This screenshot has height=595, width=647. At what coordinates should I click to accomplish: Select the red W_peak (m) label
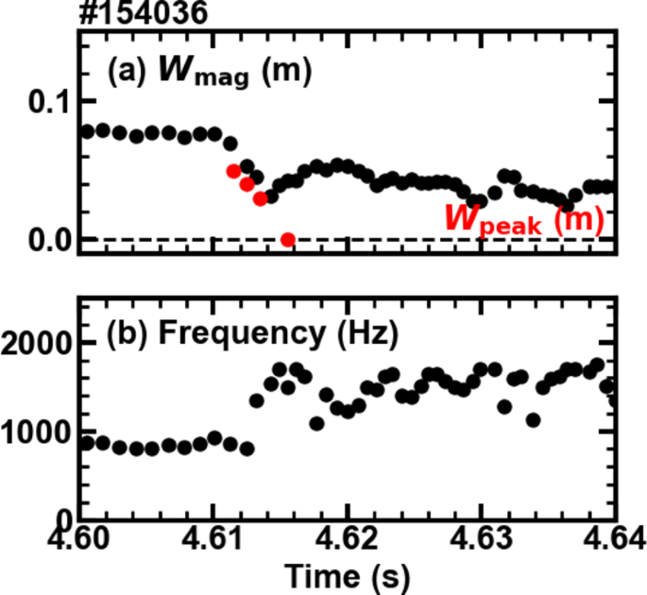point(523,220)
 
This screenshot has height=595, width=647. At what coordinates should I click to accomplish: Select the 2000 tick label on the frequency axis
point(37,345)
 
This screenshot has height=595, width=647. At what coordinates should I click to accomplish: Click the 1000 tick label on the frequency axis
point(37,433)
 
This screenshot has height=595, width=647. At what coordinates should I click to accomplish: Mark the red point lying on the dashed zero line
point(288,239)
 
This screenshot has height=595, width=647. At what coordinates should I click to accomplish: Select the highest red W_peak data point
point(233,171)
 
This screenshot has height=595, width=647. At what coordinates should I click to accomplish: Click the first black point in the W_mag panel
point(87,131)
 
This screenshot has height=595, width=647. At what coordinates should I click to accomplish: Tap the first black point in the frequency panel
point(87,442)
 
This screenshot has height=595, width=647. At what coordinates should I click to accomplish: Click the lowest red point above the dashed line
point(260,198)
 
